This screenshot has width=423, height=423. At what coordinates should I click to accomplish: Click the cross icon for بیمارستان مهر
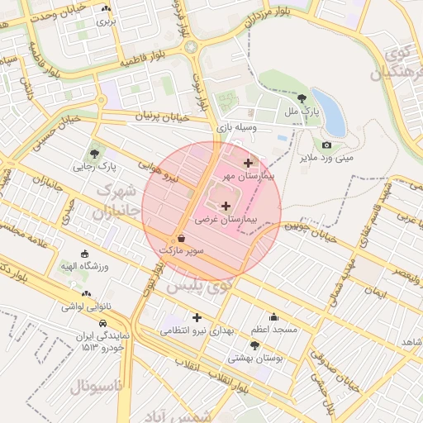248,163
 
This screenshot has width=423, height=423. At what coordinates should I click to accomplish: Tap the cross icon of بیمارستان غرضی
226,205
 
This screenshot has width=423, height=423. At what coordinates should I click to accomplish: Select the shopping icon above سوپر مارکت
181,237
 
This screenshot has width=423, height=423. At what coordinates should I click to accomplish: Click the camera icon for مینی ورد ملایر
326,145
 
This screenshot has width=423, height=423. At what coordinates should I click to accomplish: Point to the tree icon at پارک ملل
300,97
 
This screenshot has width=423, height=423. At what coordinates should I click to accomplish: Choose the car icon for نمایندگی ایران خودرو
102,324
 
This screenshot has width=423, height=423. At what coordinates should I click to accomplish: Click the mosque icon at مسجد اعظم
274,316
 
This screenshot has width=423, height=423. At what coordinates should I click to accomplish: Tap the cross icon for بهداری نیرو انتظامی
197,317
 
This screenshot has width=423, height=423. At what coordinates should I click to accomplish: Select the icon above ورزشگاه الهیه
84,254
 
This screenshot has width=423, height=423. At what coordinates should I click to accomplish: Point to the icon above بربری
106,10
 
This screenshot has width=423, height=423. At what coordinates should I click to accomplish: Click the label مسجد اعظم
275,330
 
